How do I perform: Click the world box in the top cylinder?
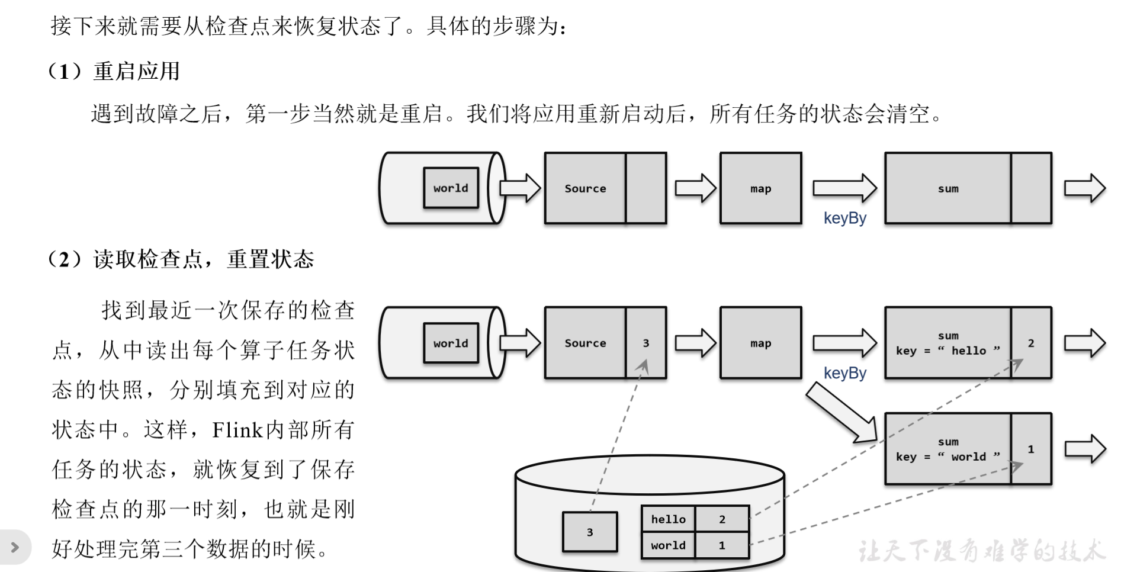451,188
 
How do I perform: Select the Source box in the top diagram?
585,188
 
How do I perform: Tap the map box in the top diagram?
760,188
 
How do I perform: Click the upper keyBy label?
844,218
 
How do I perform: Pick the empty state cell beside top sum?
1031,188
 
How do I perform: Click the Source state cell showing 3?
646,343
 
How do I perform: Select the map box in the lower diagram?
760,343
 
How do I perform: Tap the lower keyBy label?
844,374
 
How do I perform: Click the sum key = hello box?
947,343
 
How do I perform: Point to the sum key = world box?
947,449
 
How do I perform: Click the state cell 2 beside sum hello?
1031,343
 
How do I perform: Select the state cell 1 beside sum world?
1031,449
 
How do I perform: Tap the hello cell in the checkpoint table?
669,519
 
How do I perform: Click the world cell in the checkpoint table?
669,545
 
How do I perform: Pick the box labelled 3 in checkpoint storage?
590,532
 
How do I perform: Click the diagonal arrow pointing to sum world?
841,412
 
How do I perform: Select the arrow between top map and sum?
844,188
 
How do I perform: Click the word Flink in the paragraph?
237,430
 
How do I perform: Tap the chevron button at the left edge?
15,547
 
